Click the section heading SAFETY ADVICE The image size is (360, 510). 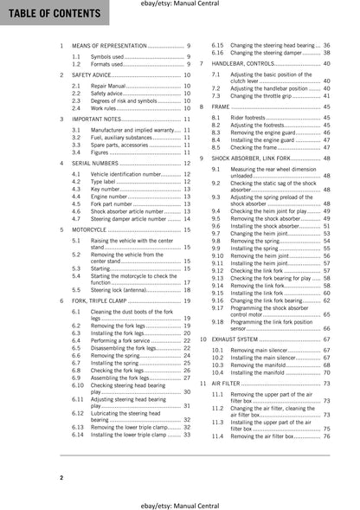(x=100, y=76)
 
